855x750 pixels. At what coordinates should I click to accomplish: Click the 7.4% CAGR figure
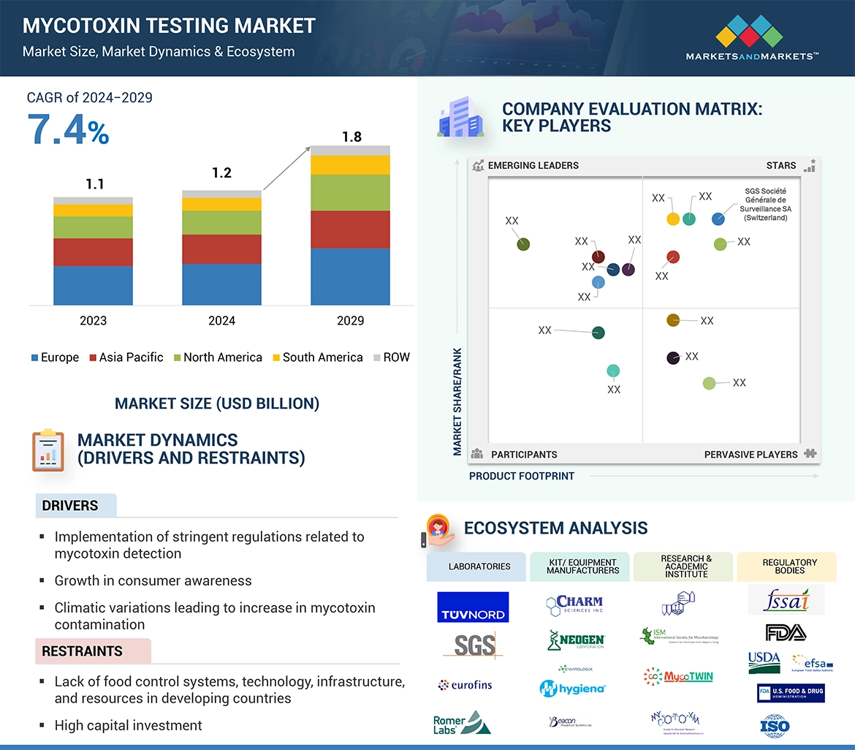tap(68, 130)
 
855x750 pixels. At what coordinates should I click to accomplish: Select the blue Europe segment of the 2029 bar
tap(350, 276)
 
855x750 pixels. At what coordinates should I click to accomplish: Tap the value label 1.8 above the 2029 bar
tap(351, 137)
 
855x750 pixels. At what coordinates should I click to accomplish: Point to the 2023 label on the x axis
tap(93, 320)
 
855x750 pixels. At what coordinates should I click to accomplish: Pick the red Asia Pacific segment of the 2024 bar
tap(221, 249)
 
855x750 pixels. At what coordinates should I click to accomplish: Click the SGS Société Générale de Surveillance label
tap(765, 204)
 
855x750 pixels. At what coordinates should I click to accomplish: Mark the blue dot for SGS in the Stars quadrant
tap(718, 219)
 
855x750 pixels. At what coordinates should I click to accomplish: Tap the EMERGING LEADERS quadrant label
tap(533, 165)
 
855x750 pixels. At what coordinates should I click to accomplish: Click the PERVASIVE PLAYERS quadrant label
tap(750, 455)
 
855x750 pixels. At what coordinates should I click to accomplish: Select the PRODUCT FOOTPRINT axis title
tap(521, 476)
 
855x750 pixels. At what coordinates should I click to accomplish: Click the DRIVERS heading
tap(70, 506)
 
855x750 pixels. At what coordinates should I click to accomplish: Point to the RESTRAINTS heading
tap(82, 651)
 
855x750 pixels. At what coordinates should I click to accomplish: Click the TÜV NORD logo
tap(473, 607)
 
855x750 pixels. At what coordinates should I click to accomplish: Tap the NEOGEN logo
tap(576, 640)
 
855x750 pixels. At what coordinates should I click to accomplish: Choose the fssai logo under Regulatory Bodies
tap(786, 600)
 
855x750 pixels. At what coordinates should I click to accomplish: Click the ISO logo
tap(775, 726)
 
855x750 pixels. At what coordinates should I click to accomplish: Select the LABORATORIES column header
tap(479, 567)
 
